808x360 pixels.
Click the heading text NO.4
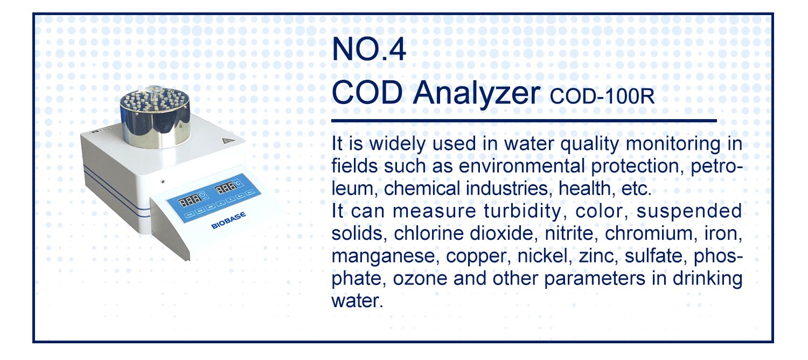point(368,49)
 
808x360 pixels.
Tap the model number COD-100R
point(602,96)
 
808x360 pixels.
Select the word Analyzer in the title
point(477,94)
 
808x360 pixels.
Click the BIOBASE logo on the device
point(228,220)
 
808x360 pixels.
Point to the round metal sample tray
point(155,117)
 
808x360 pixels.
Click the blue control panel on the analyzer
point(213,198)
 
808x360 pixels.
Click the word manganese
point(385,257)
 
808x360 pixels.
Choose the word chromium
point(648,233)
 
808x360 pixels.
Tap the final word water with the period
point(357,301)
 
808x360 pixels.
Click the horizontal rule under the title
point(524,121)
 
